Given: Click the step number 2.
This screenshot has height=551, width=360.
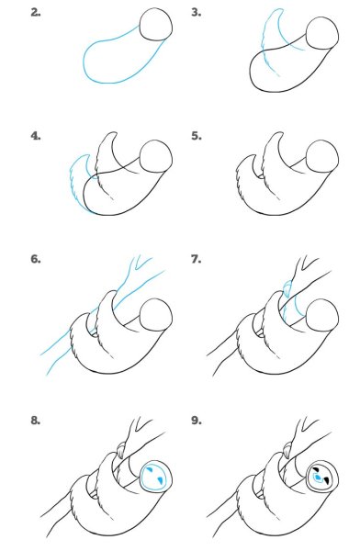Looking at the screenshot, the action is point(36,13).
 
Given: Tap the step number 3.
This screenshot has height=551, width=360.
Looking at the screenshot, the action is point(197,13).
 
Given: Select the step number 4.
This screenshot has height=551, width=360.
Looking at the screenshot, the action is point(36,136).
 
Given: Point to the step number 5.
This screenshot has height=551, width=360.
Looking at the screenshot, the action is point(197,136).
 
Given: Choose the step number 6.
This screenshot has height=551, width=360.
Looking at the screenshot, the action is point(36,259).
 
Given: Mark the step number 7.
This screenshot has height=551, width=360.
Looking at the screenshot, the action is point(197,259).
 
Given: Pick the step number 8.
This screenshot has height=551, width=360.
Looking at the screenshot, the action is point(36,420).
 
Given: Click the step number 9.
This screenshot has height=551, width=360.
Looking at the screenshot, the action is point(197,420).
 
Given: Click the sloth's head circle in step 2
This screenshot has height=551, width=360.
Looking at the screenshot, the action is point(156,24).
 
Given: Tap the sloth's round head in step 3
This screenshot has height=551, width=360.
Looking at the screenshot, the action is point(322,34).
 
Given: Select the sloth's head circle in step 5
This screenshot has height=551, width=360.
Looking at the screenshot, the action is point(322,157).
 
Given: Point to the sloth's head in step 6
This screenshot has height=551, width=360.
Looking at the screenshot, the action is point(156,315).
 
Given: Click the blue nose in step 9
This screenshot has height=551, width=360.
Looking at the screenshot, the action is point(319,478).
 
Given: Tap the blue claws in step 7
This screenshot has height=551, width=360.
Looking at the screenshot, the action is point(287,289).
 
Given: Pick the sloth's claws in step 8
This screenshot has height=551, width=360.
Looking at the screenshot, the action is point(121,451).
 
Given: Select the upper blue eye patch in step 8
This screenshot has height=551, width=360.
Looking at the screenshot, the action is point(150,469).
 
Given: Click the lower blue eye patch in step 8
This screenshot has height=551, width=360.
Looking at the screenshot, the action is point(160,480).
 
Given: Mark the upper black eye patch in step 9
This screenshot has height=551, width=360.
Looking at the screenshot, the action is point(316,469).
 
